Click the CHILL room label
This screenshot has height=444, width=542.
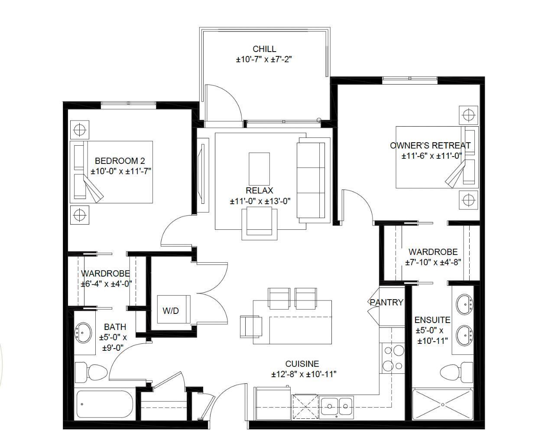pos(264,49)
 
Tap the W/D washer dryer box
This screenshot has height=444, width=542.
pos(171,310)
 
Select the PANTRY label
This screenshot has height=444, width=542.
pos(386,302)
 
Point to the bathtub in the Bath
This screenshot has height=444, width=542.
pos(104,405)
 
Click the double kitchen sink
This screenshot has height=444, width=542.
pos(337,407)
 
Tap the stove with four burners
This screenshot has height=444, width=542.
pos(393,358)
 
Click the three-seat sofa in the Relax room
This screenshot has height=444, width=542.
pos(311,180)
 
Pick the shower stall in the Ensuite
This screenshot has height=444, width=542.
pos(442,405)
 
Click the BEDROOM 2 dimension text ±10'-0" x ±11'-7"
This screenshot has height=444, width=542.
pos(121,171)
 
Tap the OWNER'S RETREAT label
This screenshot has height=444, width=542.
pos(430,146)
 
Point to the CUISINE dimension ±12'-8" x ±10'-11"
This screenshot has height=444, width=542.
pos(304,374)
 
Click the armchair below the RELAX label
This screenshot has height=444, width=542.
pos(259,222)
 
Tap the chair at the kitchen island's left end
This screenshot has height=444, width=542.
pos(251,326)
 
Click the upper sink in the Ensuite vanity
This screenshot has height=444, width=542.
pos(464,305)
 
